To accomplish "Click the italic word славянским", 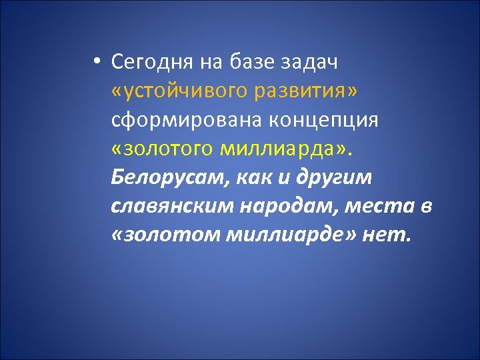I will pos(166,208).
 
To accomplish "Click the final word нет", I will pos(388,237).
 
